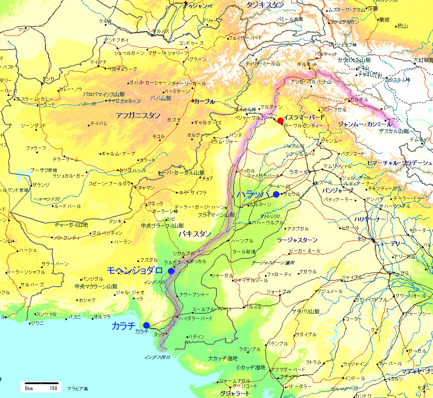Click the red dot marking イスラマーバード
click(280, 121)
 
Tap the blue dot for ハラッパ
click(276, 194)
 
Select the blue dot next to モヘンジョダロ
click(171, 271)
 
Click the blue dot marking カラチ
click(146, 325)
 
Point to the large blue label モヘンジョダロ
click(135, 270)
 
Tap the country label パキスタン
click(195, 234)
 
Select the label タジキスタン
click(265, 5)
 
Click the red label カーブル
click(204, 101)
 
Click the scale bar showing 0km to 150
click(41, 385)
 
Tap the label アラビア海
click(77, 388)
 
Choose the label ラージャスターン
click(297, 240)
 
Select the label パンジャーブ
click(338, 190)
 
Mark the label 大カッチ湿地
click(223, 358)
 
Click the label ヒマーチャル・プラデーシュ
click(399, 163)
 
